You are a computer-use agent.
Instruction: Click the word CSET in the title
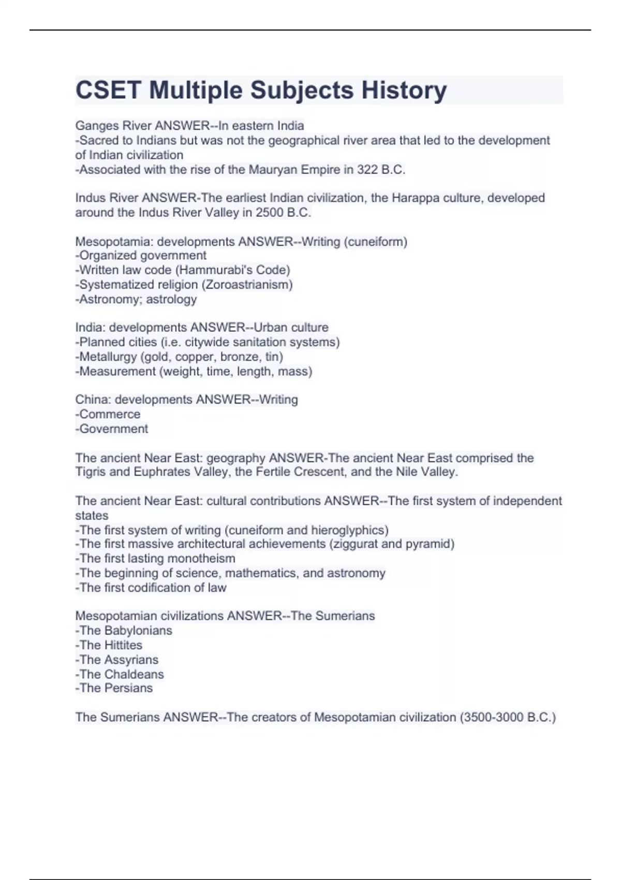(108, 90)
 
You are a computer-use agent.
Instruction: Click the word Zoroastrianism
(248, 285)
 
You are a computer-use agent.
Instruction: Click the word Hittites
(123, 645)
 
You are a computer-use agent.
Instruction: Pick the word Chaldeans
(134, 674)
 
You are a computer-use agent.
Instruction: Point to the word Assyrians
(131, 659)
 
